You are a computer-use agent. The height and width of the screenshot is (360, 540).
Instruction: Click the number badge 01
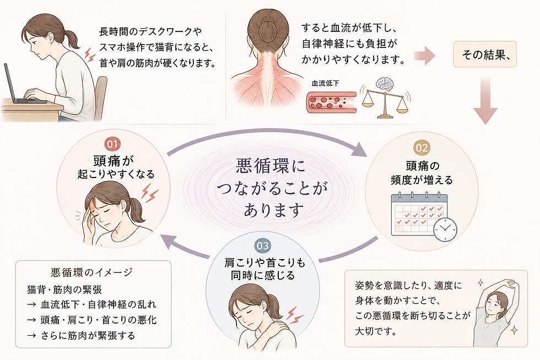(112, 144)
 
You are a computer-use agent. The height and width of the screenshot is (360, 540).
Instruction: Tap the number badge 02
(422, 148)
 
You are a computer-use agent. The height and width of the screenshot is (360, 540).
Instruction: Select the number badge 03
(262, 246)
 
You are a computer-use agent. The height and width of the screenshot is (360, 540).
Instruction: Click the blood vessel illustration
(331, 102)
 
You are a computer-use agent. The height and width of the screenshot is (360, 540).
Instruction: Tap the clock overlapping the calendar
(445, 229)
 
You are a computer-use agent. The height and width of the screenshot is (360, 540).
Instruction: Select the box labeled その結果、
(485, 55)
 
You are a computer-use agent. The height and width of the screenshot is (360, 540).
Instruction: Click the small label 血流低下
(325, 83)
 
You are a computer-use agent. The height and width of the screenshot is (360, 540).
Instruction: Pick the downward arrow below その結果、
(485, 100)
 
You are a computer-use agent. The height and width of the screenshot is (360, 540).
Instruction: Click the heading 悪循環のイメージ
(91, 272)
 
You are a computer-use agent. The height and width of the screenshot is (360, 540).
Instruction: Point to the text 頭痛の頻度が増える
(422, 173)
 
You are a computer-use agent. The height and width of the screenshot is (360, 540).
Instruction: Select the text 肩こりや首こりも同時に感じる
(264, 269)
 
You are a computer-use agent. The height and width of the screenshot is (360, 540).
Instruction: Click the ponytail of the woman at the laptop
(72, 39)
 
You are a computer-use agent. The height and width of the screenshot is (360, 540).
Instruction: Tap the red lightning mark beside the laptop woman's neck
(90, 55)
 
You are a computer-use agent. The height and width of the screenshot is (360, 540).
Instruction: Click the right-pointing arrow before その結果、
(424, 56)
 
